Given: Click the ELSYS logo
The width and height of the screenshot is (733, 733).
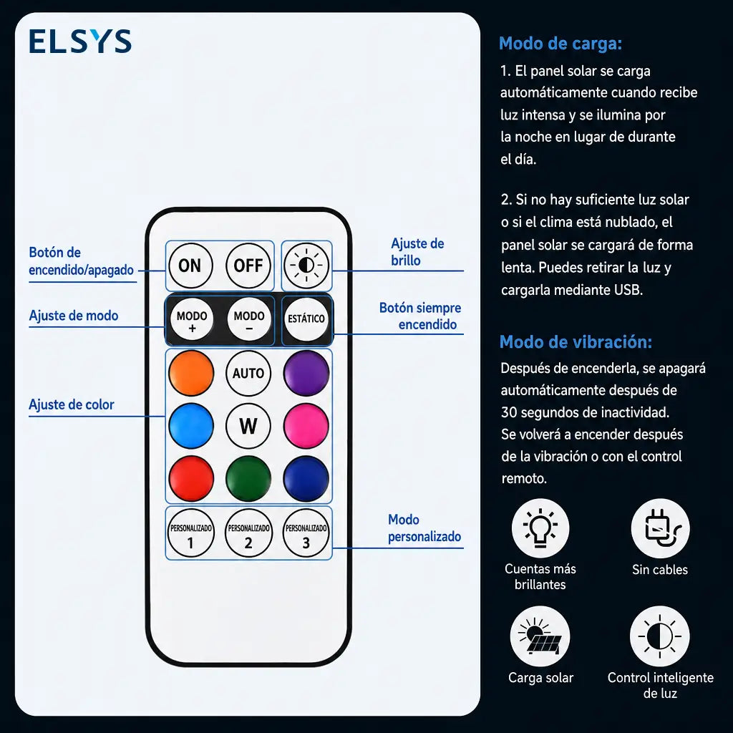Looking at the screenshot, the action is (x=80, y=41).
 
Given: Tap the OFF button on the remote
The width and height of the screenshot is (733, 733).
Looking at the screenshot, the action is (x=248, y=266).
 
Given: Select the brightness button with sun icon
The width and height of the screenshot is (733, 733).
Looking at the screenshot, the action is (x=306, y=266).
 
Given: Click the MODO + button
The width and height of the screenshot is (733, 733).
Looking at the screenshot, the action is (x=192, y=320).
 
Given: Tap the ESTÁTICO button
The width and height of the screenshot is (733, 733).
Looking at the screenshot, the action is (x=306, y=319).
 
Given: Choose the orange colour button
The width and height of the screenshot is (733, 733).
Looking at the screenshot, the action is (x=191, y=374).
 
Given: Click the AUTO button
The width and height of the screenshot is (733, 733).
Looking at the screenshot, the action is (x=248, y=374).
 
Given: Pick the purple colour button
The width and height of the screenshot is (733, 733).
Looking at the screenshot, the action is (x=306, y=374).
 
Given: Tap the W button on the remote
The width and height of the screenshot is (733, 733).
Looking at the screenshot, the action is (x=248, y=426).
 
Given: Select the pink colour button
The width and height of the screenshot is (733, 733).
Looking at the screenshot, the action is (x=306, y=426).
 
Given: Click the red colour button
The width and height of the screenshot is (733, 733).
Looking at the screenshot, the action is (x=191, y=479).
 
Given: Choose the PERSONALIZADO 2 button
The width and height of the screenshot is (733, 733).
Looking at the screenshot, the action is (x=248, y=533).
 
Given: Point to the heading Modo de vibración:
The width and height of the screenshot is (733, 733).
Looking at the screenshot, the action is (x=576, y=341).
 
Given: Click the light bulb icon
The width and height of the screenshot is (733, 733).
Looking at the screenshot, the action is (x=540, y=528).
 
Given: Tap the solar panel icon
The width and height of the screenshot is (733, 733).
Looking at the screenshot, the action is (x=540, y=636).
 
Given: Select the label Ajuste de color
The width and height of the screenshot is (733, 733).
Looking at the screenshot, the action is (x=72, y=404).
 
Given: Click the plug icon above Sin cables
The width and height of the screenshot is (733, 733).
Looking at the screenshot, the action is (x=660, y=528).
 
